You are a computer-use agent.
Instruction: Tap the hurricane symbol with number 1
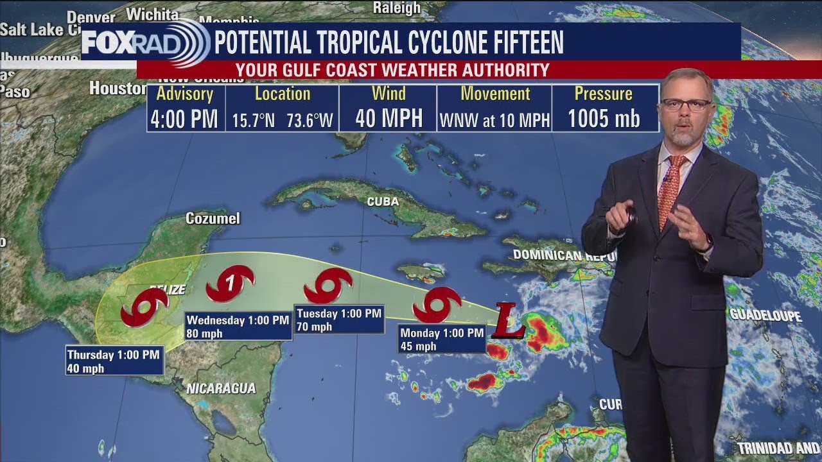point(230,284)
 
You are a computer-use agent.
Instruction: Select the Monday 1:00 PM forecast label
point(442,339)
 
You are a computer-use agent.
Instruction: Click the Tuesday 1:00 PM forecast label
point(339,320)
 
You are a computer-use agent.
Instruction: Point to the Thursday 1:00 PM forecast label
point(114,361)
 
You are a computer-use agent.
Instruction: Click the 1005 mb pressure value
point(604,119)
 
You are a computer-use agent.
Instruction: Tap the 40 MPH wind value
point(389,119)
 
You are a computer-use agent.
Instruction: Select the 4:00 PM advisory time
point(184,119)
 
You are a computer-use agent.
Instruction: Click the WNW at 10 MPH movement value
point(494,120)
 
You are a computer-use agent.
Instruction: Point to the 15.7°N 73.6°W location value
point(283,121)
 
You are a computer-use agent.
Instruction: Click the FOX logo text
point(107,43)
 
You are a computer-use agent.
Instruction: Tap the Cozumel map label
point(213,219)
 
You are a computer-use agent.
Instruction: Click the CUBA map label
point(383,201)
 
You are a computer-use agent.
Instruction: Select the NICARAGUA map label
point(221,388)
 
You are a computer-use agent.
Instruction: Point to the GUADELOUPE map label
point(765,316)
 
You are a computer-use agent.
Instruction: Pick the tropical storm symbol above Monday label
point(437,304)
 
